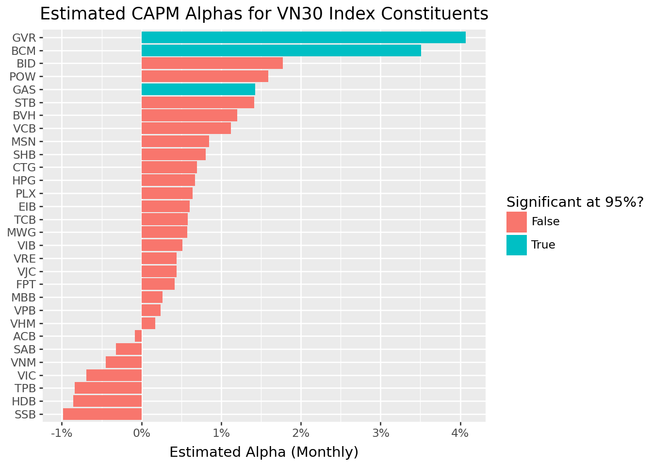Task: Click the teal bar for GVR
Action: click(303, 37)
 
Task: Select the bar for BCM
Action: click(281, 50)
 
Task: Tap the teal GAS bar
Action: click(198, 89)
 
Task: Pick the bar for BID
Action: click(212, 63)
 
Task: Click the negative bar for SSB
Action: click(102, 414)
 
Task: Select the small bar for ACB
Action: click(138, 336)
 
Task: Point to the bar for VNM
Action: click(124, 362)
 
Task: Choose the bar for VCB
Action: click(186, 128)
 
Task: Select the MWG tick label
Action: click(22, 232)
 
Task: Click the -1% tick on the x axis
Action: click(62, 433)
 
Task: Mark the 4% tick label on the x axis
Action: click(460, 433)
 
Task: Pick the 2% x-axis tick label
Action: click(301, 433)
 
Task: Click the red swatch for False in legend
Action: click(516, 222)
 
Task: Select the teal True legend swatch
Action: click(516, 245)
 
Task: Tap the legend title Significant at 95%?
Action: click(574, 202)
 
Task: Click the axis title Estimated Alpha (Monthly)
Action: click(264, 452)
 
